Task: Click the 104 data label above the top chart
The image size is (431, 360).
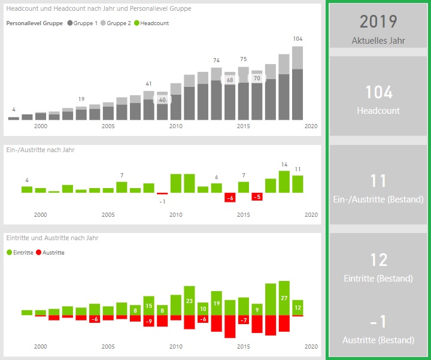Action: tap(298, 39)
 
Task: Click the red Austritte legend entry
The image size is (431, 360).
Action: tap(51, 253)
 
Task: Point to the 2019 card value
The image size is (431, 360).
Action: tap(378, 22)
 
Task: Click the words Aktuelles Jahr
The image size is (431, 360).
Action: tap(378, 41)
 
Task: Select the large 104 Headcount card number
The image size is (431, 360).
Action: tap(378, 92)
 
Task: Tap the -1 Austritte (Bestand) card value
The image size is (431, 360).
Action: tap(378, 322)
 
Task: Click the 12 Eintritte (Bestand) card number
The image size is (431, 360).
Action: tap(378, 260)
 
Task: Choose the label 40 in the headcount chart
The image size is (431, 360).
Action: tap(162, 100)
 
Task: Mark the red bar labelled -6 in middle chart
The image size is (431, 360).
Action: tap(229, 198)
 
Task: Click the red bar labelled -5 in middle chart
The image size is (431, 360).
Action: tap(257, 196)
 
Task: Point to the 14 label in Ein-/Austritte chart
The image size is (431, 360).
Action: tap(284, 165)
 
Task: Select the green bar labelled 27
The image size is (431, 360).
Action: tap(284, 298)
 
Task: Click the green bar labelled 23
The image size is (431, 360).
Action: tap(189, 301)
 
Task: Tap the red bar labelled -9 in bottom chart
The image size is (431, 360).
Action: tap(149, 321)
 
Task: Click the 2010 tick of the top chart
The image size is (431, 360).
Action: tap(175, 126)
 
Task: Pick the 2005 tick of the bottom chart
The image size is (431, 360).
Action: tap(108, 347)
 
